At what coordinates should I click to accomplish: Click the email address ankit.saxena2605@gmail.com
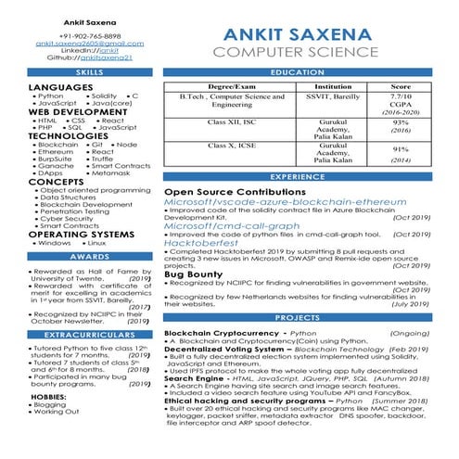pos(90,43)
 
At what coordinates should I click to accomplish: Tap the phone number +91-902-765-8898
pos(90,34)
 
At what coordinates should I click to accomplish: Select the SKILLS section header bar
pos(90,72)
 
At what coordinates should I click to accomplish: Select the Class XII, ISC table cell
pos(232,121)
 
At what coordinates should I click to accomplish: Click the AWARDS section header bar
pos(90,257)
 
